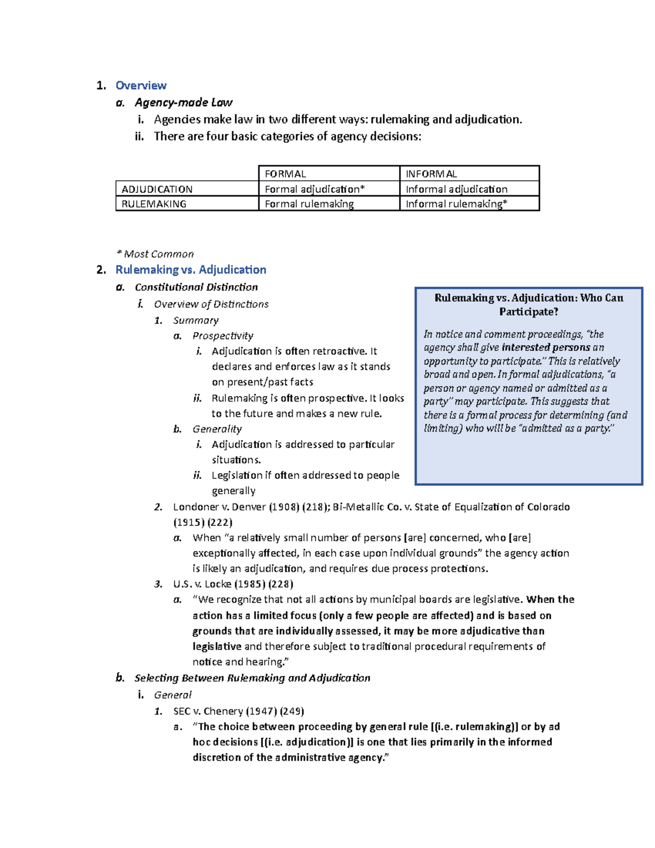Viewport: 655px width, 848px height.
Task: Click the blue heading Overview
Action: point(141,86)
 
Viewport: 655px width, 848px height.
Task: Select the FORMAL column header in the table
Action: point(285,174)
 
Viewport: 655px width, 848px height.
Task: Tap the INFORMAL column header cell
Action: point(431,174)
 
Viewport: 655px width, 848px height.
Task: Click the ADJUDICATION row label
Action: point(157,189)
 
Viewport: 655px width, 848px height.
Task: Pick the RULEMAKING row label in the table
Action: point(154,204)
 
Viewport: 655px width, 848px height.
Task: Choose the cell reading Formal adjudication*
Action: point(314,189)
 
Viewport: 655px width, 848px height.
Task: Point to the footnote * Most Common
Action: point(155,254)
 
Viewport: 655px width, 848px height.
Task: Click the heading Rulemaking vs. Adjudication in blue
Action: point(190,270)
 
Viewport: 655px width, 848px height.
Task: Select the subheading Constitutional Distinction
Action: point(196,287)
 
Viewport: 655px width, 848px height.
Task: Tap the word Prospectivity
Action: point(223,336)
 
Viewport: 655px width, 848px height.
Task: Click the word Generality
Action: point(217,429)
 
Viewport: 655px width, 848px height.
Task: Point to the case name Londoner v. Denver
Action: point(219,507)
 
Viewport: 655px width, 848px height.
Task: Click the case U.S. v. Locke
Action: point(203,584)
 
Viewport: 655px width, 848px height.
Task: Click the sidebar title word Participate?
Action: point(528,312)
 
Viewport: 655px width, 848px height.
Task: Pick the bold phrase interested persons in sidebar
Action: point(546,347)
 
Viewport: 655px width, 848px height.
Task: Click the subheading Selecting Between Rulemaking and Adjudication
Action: point(252,678)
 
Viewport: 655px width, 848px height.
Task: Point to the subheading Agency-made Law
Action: point(183,103)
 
